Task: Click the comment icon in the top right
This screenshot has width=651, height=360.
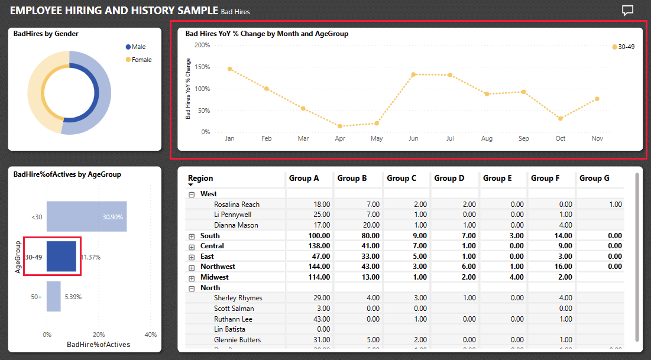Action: [627, 11]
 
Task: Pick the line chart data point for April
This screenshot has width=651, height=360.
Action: [340, 126]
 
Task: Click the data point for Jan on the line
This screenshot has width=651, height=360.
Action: [230, 69]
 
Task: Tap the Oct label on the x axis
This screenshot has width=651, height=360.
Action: [560, 138]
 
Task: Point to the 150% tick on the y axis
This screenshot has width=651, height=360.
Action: [202, 67]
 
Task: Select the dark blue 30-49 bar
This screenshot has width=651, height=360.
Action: [61, 257]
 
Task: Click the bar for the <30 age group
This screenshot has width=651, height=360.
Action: [86, 216]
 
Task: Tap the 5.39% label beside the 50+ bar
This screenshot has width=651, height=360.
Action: [73, 296]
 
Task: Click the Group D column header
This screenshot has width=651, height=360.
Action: [449, 178]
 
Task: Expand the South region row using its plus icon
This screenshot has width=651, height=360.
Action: [192, 236]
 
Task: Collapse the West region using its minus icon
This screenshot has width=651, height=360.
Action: [192, 194]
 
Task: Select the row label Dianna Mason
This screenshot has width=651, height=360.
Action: [237, 225]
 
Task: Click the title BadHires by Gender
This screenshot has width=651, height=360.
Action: [46, 34]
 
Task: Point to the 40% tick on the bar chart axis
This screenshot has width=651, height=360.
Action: [150, 335]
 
